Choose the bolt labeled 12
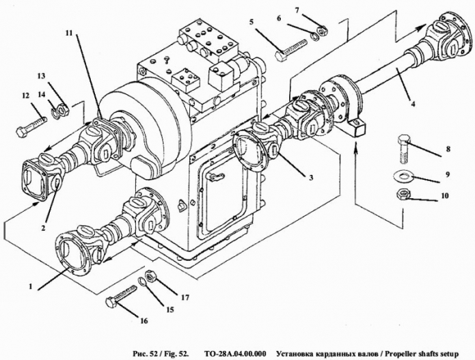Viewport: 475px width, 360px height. pos(34,126)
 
